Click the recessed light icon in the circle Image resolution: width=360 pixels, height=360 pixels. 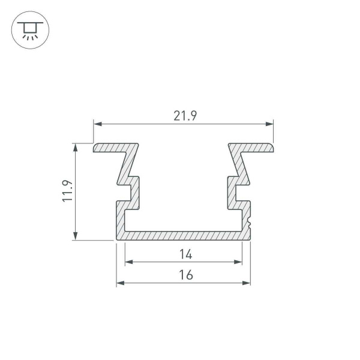pos(28,30)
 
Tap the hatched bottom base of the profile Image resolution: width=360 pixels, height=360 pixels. pos(183,235)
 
